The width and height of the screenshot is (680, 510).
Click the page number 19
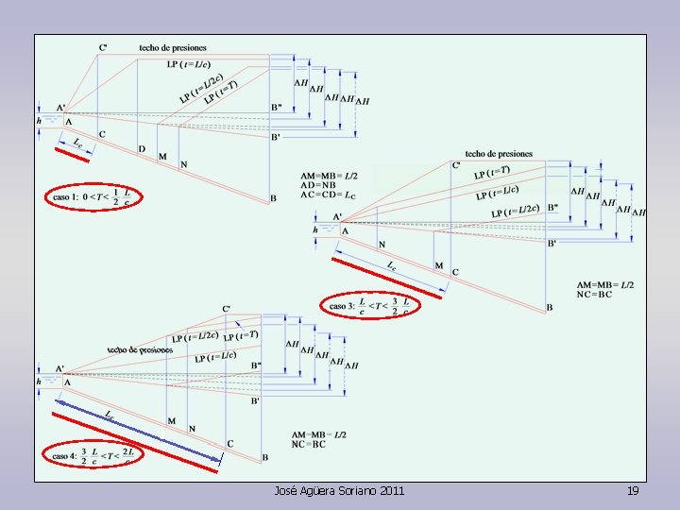click(633, 491)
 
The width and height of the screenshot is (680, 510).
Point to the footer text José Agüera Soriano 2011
click(339, 491)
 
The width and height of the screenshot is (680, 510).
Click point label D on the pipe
click(142, 148)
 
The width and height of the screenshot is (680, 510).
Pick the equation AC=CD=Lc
click(329, 195)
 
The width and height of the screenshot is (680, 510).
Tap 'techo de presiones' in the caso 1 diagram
click(172, 47)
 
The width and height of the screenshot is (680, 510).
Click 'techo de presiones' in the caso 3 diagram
click(499, 153)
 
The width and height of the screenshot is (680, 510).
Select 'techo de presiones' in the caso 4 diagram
click(140, 349)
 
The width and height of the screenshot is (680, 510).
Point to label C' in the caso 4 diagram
click(226, 309)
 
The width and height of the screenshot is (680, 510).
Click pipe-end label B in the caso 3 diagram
click(550, 308)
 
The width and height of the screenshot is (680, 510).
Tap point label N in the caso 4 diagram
click(192, 428)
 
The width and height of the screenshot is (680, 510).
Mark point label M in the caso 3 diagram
click(438, 265)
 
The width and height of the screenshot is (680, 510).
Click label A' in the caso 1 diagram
click(60, 107)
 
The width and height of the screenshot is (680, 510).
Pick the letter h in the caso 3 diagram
click(314, 229)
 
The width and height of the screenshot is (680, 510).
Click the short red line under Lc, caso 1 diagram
click(71, 155)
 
